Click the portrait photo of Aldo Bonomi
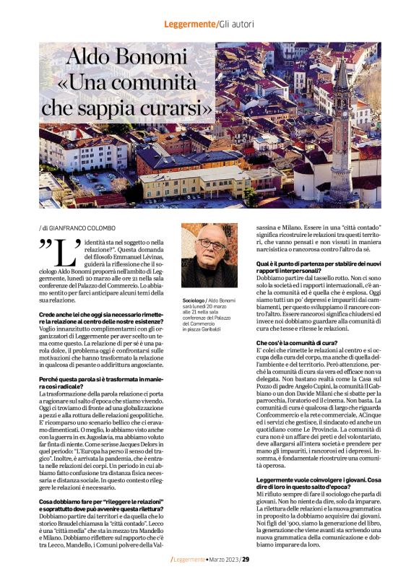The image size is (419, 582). (209, 256)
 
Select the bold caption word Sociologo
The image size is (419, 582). (194, 298)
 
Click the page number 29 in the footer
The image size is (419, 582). (246, 559)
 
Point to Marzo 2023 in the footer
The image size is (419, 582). (222, 559)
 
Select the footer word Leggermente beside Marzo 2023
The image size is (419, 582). (189, 559)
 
